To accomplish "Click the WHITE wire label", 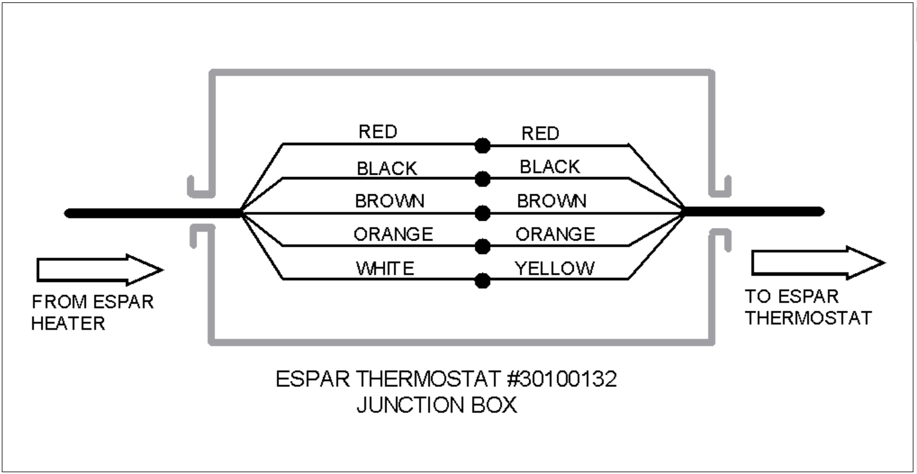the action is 385,269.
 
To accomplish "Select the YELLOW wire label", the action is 555,269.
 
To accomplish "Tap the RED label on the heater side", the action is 378,132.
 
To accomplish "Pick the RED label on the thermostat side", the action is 540,133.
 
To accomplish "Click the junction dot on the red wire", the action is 483,145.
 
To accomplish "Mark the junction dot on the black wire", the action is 483,179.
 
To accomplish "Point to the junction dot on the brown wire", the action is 483,213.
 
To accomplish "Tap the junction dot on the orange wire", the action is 483,247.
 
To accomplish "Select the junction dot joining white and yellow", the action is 483,281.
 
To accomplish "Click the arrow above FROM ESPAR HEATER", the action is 100,270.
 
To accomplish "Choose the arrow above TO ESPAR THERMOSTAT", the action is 819,263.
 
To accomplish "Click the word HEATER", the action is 68,324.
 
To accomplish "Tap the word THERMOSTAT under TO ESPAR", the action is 808,318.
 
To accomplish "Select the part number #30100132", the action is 562,379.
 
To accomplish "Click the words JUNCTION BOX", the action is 437,405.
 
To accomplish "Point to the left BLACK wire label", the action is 387,169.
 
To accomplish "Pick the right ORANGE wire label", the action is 555,235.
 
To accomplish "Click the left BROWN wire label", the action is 389,201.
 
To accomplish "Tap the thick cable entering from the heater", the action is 153,213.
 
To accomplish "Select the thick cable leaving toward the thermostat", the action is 753,212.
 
